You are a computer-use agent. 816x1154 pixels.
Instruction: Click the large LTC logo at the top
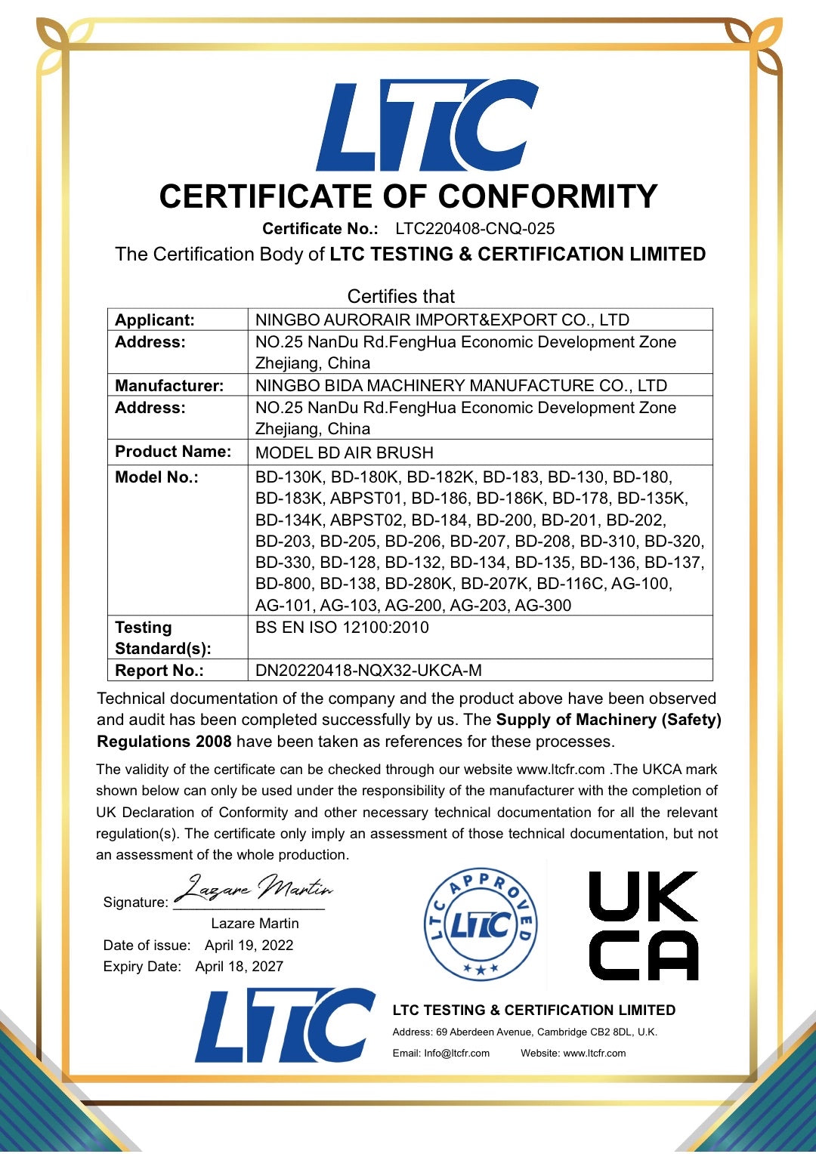(x=427, y=125)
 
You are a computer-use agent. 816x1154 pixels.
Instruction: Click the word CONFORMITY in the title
(x=548, y=196)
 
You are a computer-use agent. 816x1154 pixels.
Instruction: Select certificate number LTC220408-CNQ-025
(x=474, y=229)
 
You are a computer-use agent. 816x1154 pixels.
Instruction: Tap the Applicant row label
(x=155, y=319)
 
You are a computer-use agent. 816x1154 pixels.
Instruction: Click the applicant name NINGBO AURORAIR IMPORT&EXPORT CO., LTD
(x=442, y=319)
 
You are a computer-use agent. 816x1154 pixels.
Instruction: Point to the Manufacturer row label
(x=169, y=385)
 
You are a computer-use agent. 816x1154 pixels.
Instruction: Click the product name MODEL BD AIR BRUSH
(x=345, y=452)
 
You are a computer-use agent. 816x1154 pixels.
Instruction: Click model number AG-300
(x=542, y=605)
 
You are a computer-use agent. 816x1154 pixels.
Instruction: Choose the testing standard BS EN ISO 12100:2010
(x=342, y=627)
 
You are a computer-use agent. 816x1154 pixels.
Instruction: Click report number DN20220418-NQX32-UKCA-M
(x=369, y=670)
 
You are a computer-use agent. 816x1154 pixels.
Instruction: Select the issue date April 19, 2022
(x=249, y=945)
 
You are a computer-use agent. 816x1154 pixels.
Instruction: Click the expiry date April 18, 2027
(x=239, y=966)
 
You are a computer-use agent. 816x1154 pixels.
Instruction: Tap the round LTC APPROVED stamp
(x=481, y=924)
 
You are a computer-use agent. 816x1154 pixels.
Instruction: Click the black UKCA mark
(x=643, y=926)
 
